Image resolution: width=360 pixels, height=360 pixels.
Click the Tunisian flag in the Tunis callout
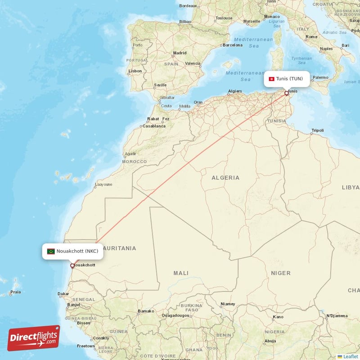pos(272,79)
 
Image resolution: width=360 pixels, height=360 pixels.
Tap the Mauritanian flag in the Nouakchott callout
pos(51,251)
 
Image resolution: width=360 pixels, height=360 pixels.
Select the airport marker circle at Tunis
pos(286,93)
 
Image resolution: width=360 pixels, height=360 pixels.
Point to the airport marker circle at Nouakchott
pos(72,265)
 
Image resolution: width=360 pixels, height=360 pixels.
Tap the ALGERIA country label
pos(225,178)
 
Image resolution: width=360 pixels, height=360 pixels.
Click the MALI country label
pos(181,273)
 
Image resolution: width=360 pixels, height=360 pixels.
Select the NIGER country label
pos(280,273)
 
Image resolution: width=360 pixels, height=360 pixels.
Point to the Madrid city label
pos(180,53)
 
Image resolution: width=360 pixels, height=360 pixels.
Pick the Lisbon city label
pos(135,71)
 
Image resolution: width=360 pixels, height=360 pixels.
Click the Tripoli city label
pos(317,131)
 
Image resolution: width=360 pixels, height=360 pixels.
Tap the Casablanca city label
pos(154,126)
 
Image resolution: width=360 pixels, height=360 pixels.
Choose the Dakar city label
pos(63,294)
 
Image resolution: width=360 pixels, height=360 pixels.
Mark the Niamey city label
pos(228,304)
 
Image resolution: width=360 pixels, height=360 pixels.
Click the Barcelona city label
pos(233,45)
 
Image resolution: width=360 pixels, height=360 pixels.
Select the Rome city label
pos(311,37)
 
